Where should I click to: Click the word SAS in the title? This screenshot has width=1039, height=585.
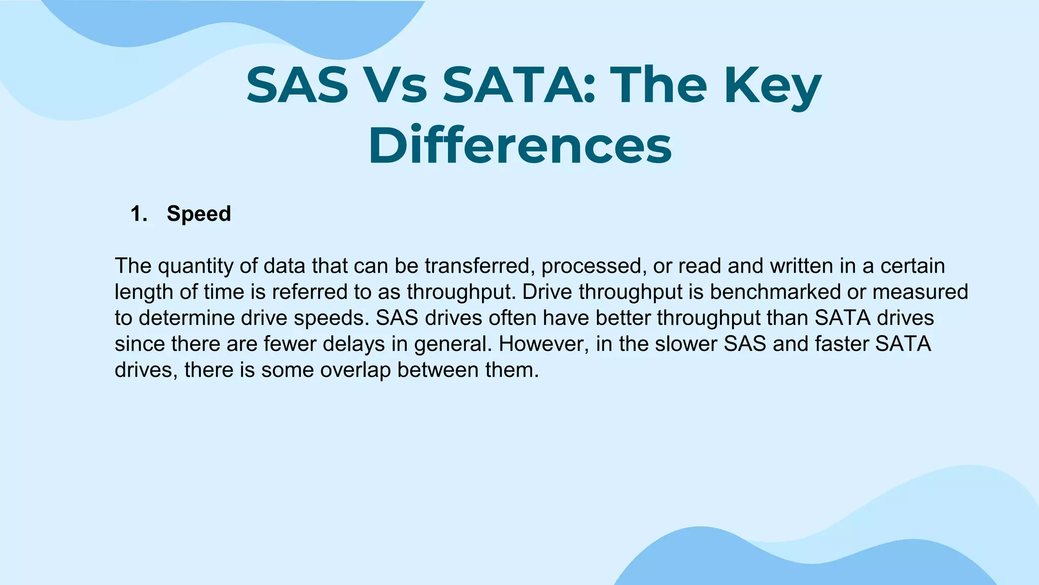(297, 85)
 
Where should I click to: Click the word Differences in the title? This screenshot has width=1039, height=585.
(519, 146)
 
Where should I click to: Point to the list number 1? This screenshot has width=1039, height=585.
(138, 214)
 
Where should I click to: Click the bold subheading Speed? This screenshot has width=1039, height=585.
(198, 214)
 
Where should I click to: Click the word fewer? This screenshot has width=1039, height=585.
(290, 344)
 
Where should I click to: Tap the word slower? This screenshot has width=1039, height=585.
(686, 344)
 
